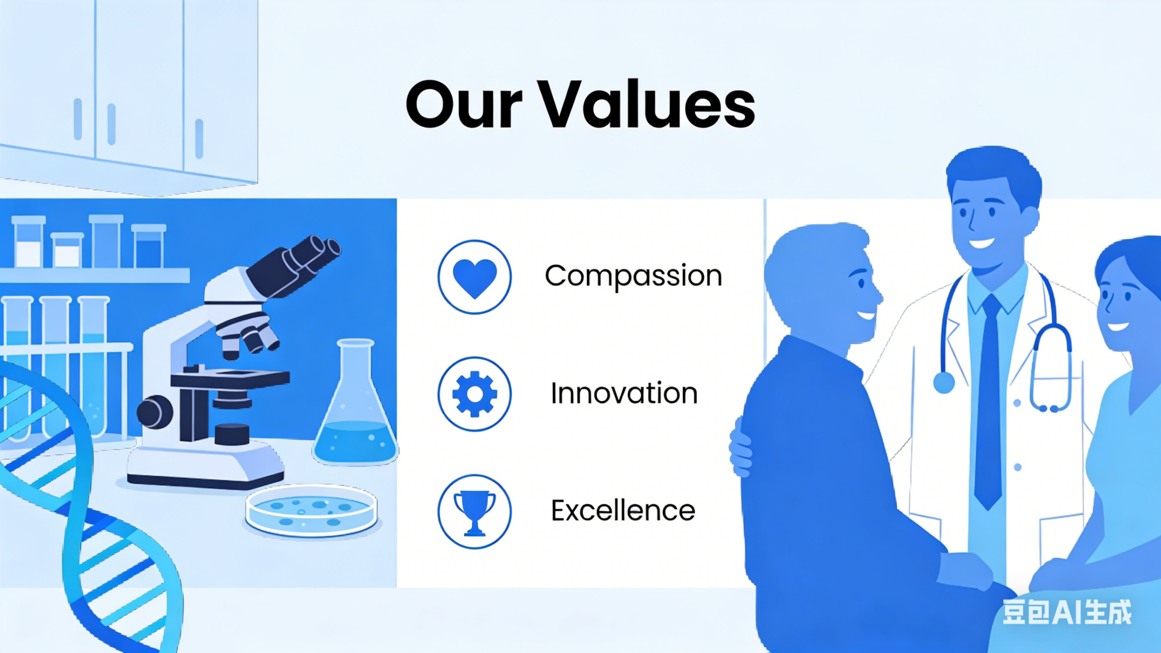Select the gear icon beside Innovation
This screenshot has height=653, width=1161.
(475, 394)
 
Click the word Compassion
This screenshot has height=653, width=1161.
(633, 276)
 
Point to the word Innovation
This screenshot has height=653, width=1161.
(624, 393)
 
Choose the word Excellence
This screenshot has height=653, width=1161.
(623, 511)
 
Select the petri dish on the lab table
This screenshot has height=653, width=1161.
(312, 511)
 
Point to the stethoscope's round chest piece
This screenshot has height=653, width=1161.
(944, 383)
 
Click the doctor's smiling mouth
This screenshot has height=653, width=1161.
(981, 243)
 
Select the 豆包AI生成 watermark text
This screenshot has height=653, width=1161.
(1067, 612)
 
